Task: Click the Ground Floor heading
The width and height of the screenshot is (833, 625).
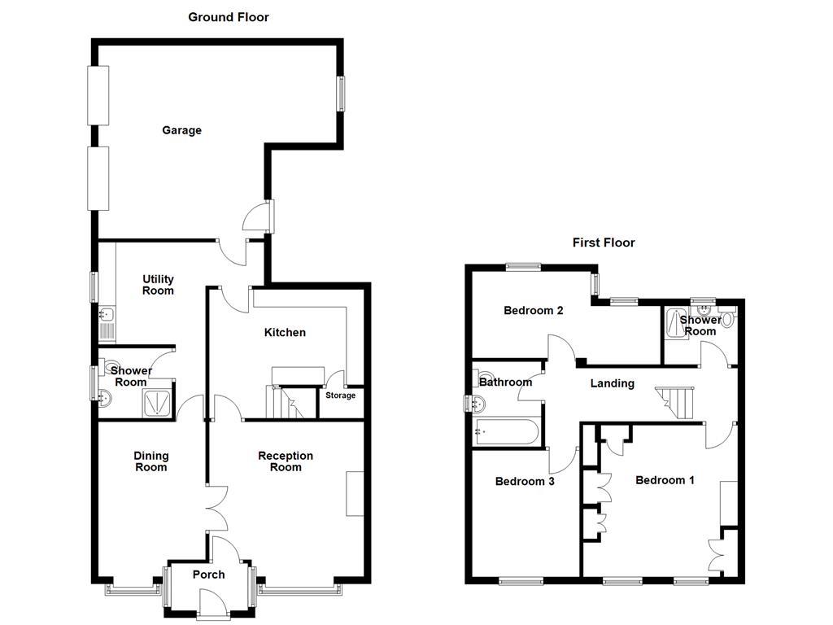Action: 228,16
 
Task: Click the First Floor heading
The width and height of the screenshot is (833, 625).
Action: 604,243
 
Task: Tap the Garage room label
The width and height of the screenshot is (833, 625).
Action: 181,130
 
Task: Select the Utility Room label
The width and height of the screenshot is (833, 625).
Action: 158,285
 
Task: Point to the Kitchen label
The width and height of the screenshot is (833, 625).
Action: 285,332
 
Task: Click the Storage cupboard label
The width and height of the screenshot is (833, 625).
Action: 340,396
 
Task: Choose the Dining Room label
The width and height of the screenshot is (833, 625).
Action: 150,461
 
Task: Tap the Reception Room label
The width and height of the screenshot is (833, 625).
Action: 286,461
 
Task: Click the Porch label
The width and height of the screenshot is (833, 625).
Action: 208,575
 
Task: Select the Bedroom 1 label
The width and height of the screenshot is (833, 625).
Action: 665,480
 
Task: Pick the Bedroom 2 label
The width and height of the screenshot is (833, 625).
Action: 534,310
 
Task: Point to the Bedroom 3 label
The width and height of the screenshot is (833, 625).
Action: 525,482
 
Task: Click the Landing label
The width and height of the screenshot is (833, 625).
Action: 612,383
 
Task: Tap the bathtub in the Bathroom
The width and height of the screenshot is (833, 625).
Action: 506,431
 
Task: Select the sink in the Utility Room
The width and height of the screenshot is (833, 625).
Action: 107,314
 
